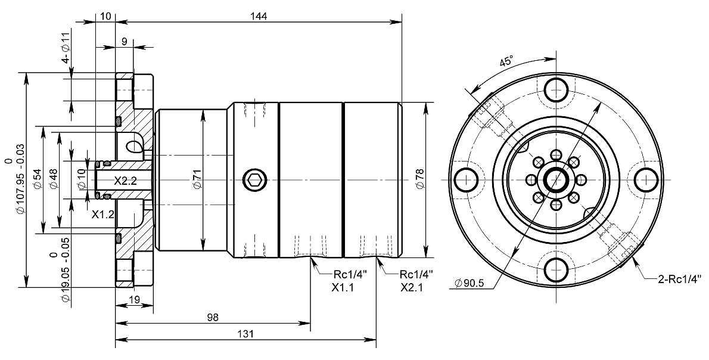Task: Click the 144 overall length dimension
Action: point(259,16)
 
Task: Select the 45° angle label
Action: point(506,61)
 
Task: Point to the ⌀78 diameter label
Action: point(419,179)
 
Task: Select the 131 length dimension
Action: point(245,334)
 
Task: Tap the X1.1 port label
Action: point(343,287)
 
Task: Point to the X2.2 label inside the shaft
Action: point(126,181)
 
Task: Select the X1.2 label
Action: point(102,215)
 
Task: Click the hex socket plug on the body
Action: point(255,179)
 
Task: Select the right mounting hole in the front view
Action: point(645,179)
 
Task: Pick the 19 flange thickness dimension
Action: point(134,300)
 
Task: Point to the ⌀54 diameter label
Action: point(38,179)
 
